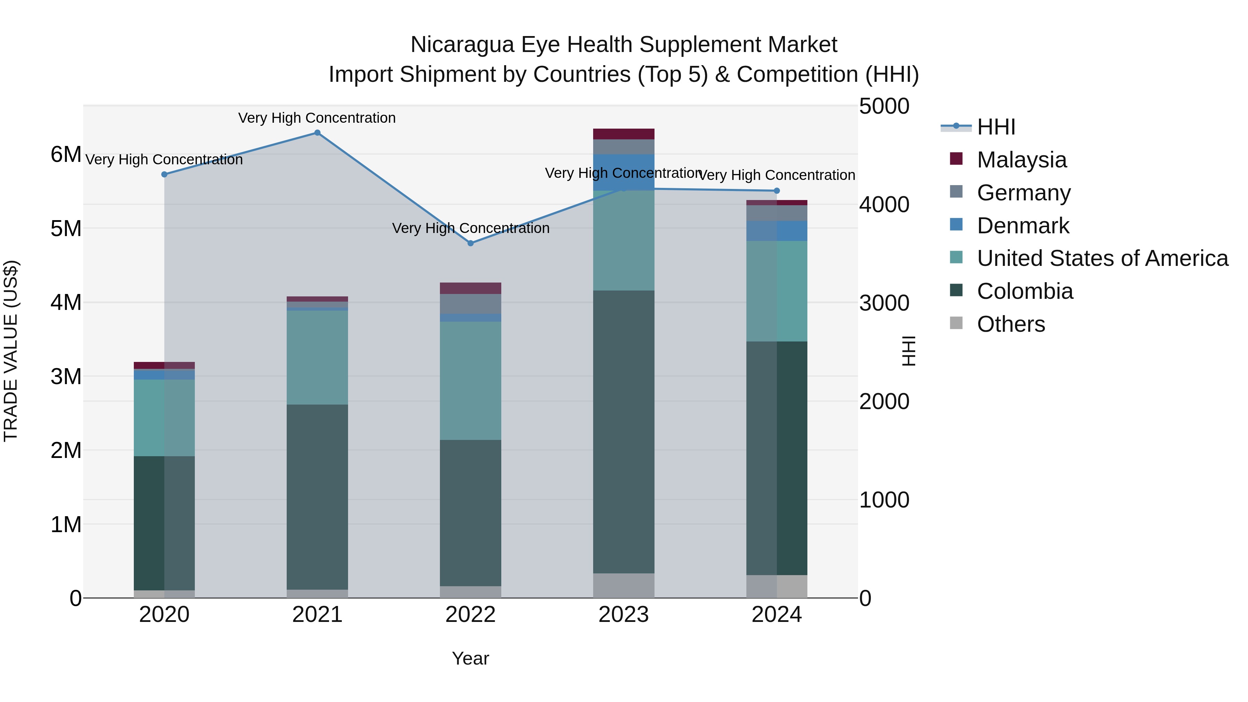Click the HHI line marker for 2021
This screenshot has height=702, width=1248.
coord(317,133)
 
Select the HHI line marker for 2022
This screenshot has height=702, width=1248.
coord(470,243)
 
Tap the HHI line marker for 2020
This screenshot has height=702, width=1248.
coord(164,174)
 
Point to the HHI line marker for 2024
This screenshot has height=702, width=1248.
coord(777,191)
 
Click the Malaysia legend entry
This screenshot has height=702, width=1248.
coord(1021,160)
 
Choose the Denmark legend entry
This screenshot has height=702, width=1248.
coord(1023,226)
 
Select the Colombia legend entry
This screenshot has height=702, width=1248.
coord(1025,292)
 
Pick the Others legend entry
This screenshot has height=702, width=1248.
coord(1011,324)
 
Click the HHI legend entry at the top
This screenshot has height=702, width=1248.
coord(996,127)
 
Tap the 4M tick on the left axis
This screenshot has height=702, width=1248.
coord(66,302)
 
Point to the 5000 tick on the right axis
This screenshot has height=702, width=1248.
coord(884,106)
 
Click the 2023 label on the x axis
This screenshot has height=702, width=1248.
coord(624,615)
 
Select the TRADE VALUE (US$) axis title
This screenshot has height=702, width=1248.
coord(11,351)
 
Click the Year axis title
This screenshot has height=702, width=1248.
coord(470,658)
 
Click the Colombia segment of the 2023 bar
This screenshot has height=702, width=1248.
coord(624,431)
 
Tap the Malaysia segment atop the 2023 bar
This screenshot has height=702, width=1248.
coord(624,134)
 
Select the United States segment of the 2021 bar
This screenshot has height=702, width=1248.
coord(317,357)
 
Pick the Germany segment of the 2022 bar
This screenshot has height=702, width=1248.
coord(470,304)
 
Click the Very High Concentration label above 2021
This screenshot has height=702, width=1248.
coord(317,118)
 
